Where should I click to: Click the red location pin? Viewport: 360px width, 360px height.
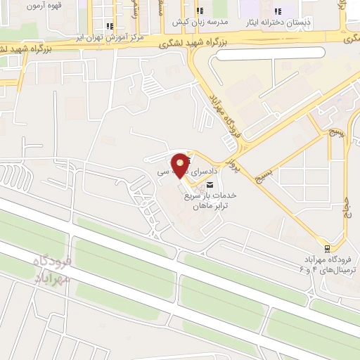click(181, 164)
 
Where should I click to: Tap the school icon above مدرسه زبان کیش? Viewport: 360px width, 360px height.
click(200, 11)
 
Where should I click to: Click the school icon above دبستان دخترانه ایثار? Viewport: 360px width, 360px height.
click(278, 11)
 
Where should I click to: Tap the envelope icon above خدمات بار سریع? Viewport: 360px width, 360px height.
click(208, 185)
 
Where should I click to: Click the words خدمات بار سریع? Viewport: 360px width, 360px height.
click(215, 195)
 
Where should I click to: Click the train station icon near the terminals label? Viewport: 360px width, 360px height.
click(327, 247)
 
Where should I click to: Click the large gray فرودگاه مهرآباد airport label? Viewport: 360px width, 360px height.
click(53, 269)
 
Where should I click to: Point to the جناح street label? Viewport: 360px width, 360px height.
click(346, 211)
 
